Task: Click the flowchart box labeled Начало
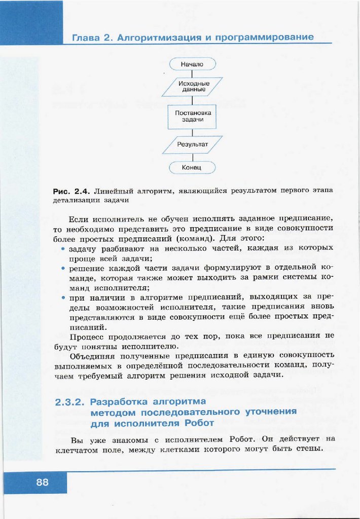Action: tap(192, 64)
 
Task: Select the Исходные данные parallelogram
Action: tap(192, 86)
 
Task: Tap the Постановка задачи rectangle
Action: tap(192, 116)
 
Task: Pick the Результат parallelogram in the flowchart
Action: tap(192, 144)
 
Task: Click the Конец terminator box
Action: tap(192, 167)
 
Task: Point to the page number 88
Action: tap(42, 483)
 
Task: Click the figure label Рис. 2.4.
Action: tap(71, 192)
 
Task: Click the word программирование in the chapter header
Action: tap(265, 38)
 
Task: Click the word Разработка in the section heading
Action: tap(121, 402)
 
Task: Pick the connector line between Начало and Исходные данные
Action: tap(192, 74)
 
